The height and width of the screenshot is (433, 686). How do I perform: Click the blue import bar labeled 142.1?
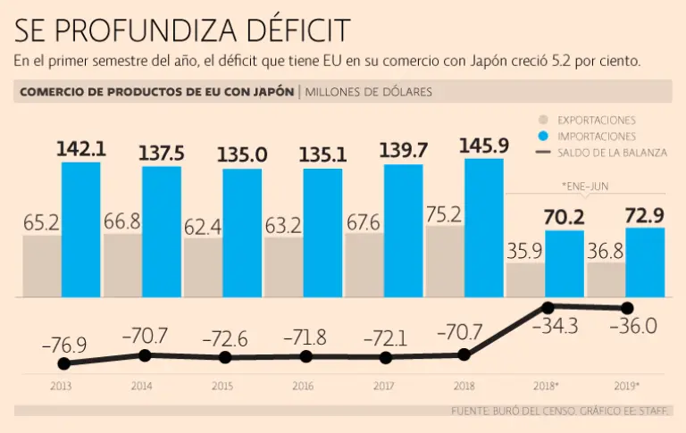click(81, 229)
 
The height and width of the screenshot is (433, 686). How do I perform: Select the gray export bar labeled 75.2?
click(445, 262)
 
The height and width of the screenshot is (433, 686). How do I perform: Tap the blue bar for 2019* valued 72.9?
click(645, 262)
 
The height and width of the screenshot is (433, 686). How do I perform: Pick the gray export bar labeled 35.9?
click(525, 279)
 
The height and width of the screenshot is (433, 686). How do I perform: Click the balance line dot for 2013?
click(63, 363)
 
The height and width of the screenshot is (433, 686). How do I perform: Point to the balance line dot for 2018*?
click(547, 307)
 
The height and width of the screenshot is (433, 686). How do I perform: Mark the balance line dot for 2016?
click(305, 356)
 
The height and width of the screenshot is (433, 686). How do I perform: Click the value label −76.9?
click(63, 344)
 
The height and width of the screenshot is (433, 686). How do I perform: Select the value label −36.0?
click(632, 327)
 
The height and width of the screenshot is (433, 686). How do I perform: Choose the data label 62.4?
click(203, 227)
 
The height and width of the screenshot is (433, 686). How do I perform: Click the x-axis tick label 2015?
click(223, 387)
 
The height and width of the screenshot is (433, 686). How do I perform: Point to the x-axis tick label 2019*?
click(627, 387)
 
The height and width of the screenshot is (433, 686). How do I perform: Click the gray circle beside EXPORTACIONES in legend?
click(541, 120)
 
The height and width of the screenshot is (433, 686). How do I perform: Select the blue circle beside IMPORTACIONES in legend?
click(541, 137)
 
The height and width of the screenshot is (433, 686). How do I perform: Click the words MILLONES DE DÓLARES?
click(370, 92)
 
